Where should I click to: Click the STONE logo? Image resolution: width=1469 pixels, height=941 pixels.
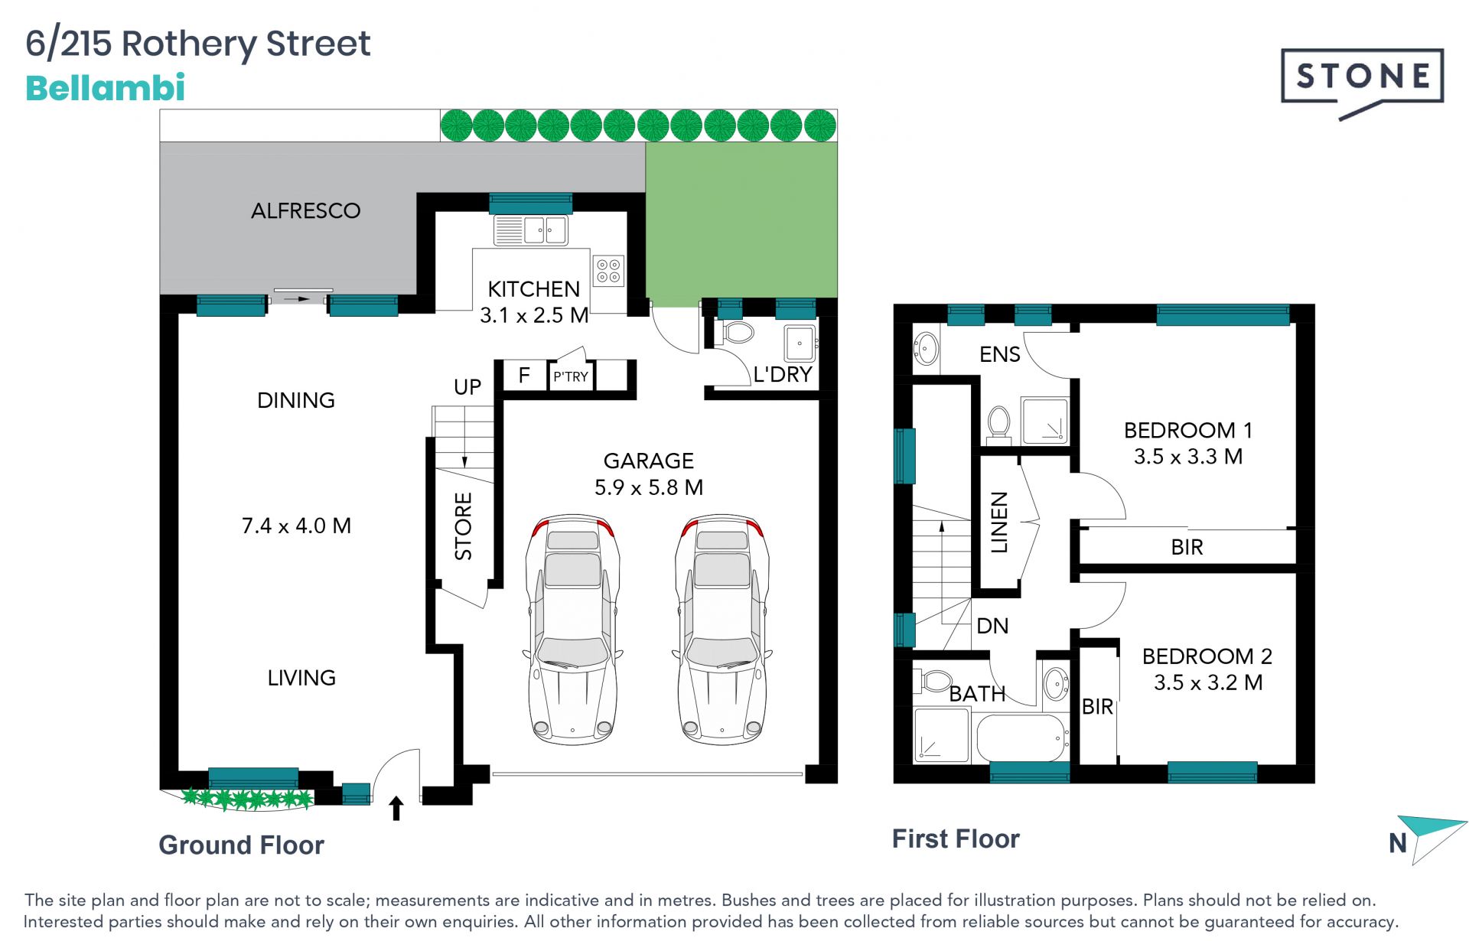(1362, 83)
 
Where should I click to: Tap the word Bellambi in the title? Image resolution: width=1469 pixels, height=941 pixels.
(106, 88)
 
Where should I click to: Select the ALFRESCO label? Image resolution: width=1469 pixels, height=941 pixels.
(306, 210)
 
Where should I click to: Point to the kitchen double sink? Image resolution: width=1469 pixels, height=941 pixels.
(531, 230)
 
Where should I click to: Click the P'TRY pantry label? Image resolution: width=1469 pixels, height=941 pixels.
(571, 376)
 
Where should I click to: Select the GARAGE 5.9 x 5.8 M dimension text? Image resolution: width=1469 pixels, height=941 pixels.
(649, 474)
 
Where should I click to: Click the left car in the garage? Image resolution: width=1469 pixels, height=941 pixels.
(572, 629)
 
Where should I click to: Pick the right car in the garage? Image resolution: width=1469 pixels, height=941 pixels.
(721, 629)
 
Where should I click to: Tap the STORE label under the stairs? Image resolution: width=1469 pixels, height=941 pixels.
(464, 526)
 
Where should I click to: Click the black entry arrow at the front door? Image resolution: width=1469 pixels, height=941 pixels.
(396, 809)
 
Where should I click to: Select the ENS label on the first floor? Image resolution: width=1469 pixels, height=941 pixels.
(1000, 354)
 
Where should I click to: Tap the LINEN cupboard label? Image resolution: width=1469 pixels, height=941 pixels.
(1000, 522)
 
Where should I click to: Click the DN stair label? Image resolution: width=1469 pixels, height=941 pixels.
(992, 626)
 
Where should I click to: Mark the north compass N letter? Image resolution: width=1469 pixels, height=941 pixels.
(1398, 843)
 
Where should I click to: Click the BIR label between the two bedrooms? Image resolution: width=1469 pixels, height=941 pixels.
(1187, 547)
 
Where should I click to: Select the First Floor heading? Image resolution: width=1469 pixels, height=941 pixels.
(956, 839)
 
